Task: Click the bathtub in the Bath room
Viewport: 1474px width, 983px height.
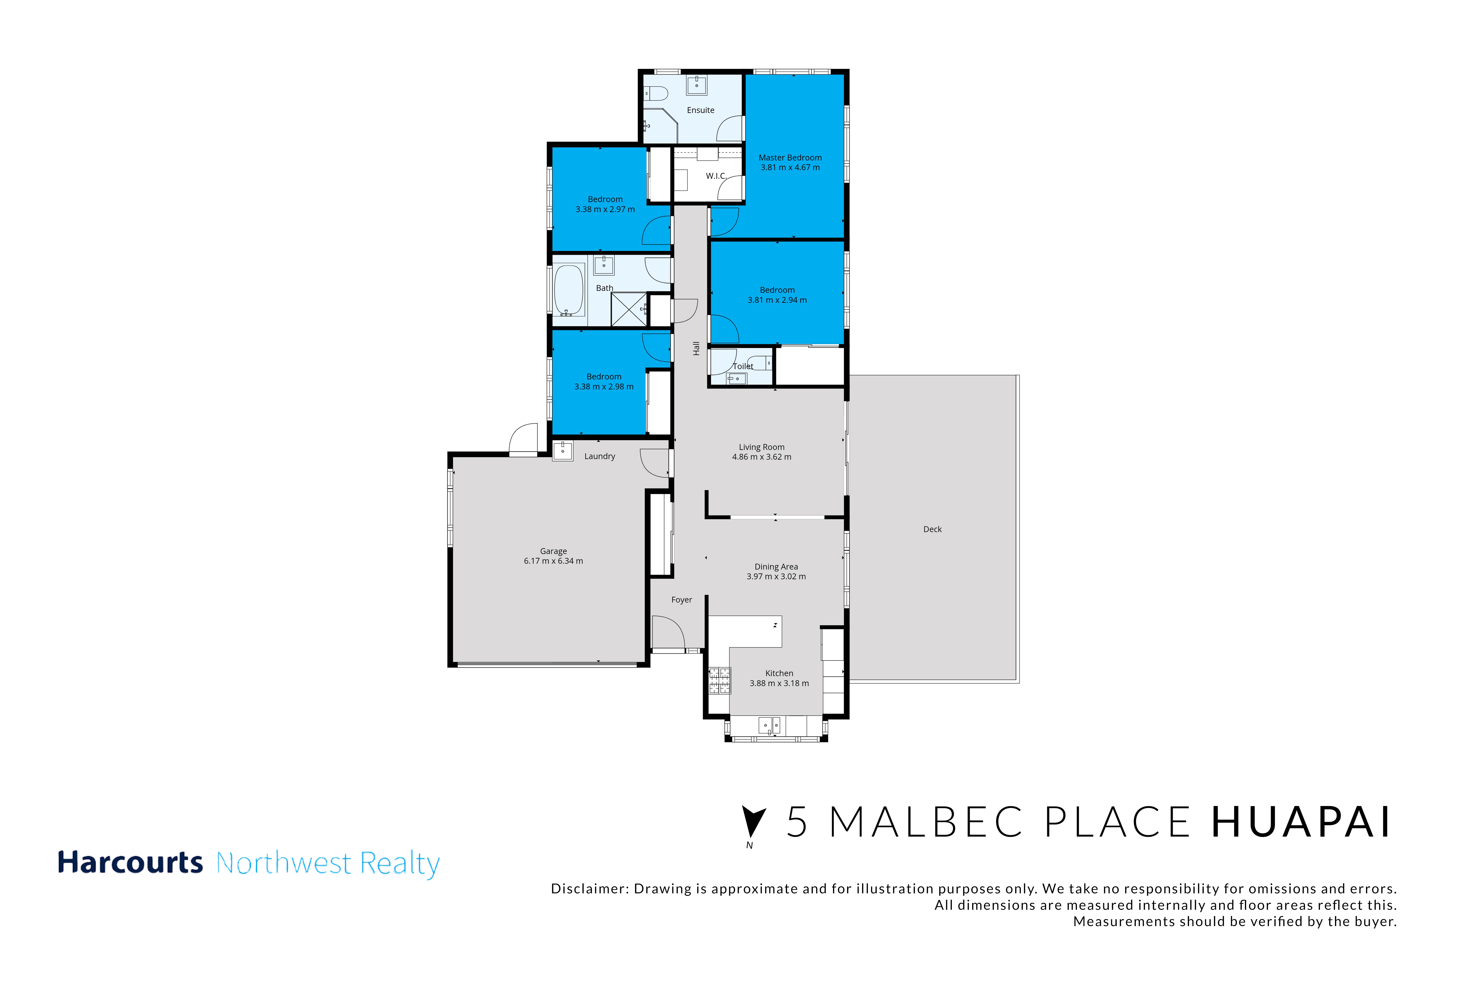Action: tap(568, 290)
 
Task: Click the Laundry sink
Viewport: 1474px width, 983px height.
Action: tap(562, 451)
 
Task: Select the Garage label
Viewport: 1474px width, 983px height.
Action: tap(553, 551)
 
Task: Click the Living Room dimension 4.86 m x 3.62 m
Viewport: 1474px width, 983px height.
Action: tap(761, 457)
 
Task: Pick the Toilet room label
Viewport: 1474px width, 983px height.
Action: tap(743, 366)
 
